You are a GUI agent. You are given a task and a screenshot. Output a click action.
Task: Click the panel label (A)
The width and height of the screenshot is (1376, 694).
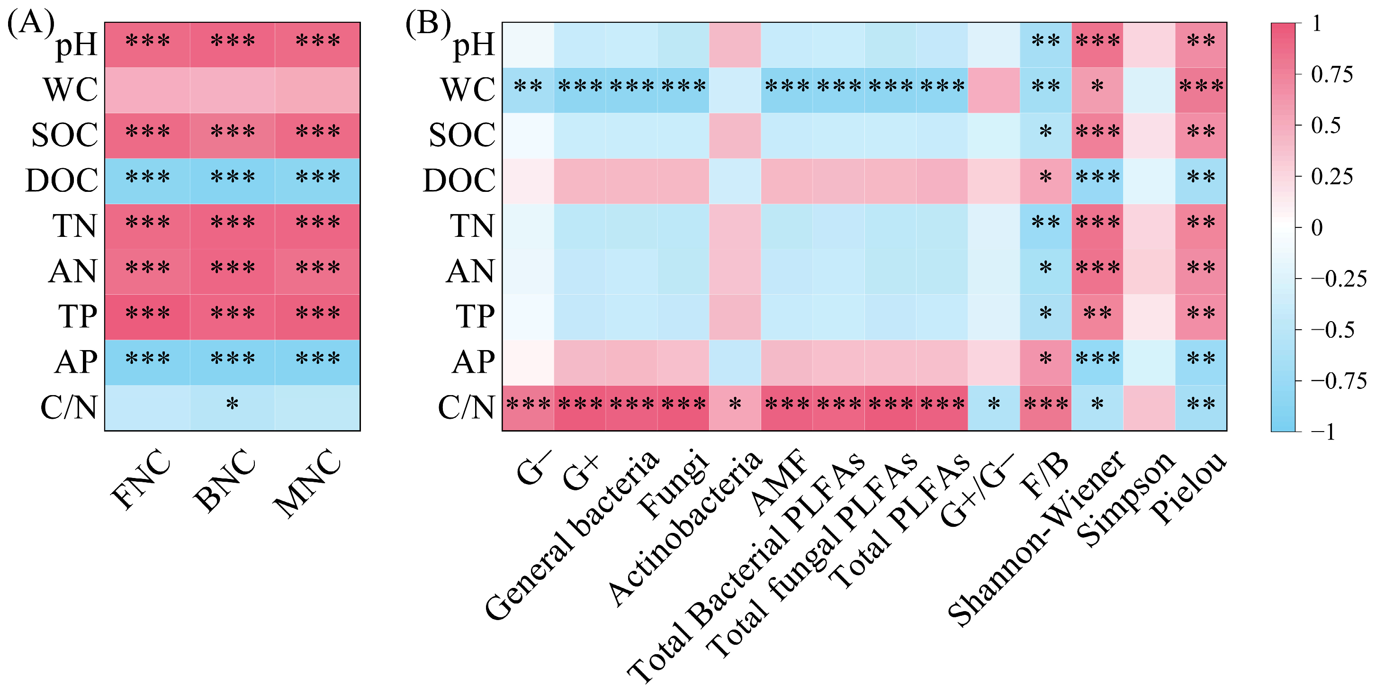pyautogui.click(x=30, y=23)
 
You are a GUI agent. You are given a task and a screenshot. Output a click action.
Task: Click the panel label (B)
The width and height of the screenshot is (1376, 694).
pyautogui.click(x=428, y=23)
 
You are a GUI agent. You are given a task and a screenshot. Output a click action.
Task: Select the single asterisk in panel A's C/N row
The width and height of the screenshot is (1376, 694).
pyautogui.click(x=232, y=404)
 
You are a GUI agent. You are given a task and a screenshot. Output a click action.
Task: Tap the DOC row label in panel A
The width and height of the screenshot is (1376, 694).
pyautogui.click(x=62, y=180)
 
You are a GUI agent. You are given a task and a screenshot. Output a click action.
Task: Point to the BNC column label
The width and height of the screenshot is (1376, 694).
pyautogui.click(x=225, y=480)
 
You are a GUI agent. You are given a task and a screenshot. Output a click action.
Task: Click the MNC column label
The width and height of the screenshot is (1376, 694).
pyautogui.click(x=307, y=483)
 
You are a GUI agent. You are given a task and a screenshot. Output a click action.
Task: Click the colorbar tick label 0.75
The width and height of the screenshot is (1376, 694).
pyautogui.click(x=1331, y=75)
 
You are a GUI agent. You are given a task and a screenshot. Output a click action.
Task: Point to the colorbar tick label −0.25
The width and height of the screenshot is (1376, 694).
pyautogui.click(x=1338, y=279)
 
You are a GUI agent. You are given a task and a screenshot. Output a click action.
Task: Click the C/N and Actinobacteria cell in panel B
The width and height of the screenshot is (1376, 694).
pyautogui.click(x=735, y=408)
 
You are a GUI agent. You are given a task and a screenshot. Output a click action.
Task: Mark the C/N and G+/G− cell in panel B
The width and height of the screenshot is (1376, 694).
pyautogui.click(x=994, y=408)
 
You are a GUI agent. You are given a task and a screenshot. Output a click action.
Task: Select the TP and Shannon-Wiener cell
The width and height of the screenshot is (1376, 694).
pyautogui.click(x=1097, y=317)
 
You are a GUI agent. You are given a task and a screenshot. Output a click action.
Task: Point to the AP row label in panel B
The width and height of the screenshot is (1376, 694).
pyautogui.click(x=473, y=362)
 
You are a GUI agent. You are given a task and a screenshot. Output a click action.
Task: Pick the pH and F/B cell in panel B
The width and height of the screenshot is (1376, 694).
pyautogui.click(x=1045, y=45)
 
